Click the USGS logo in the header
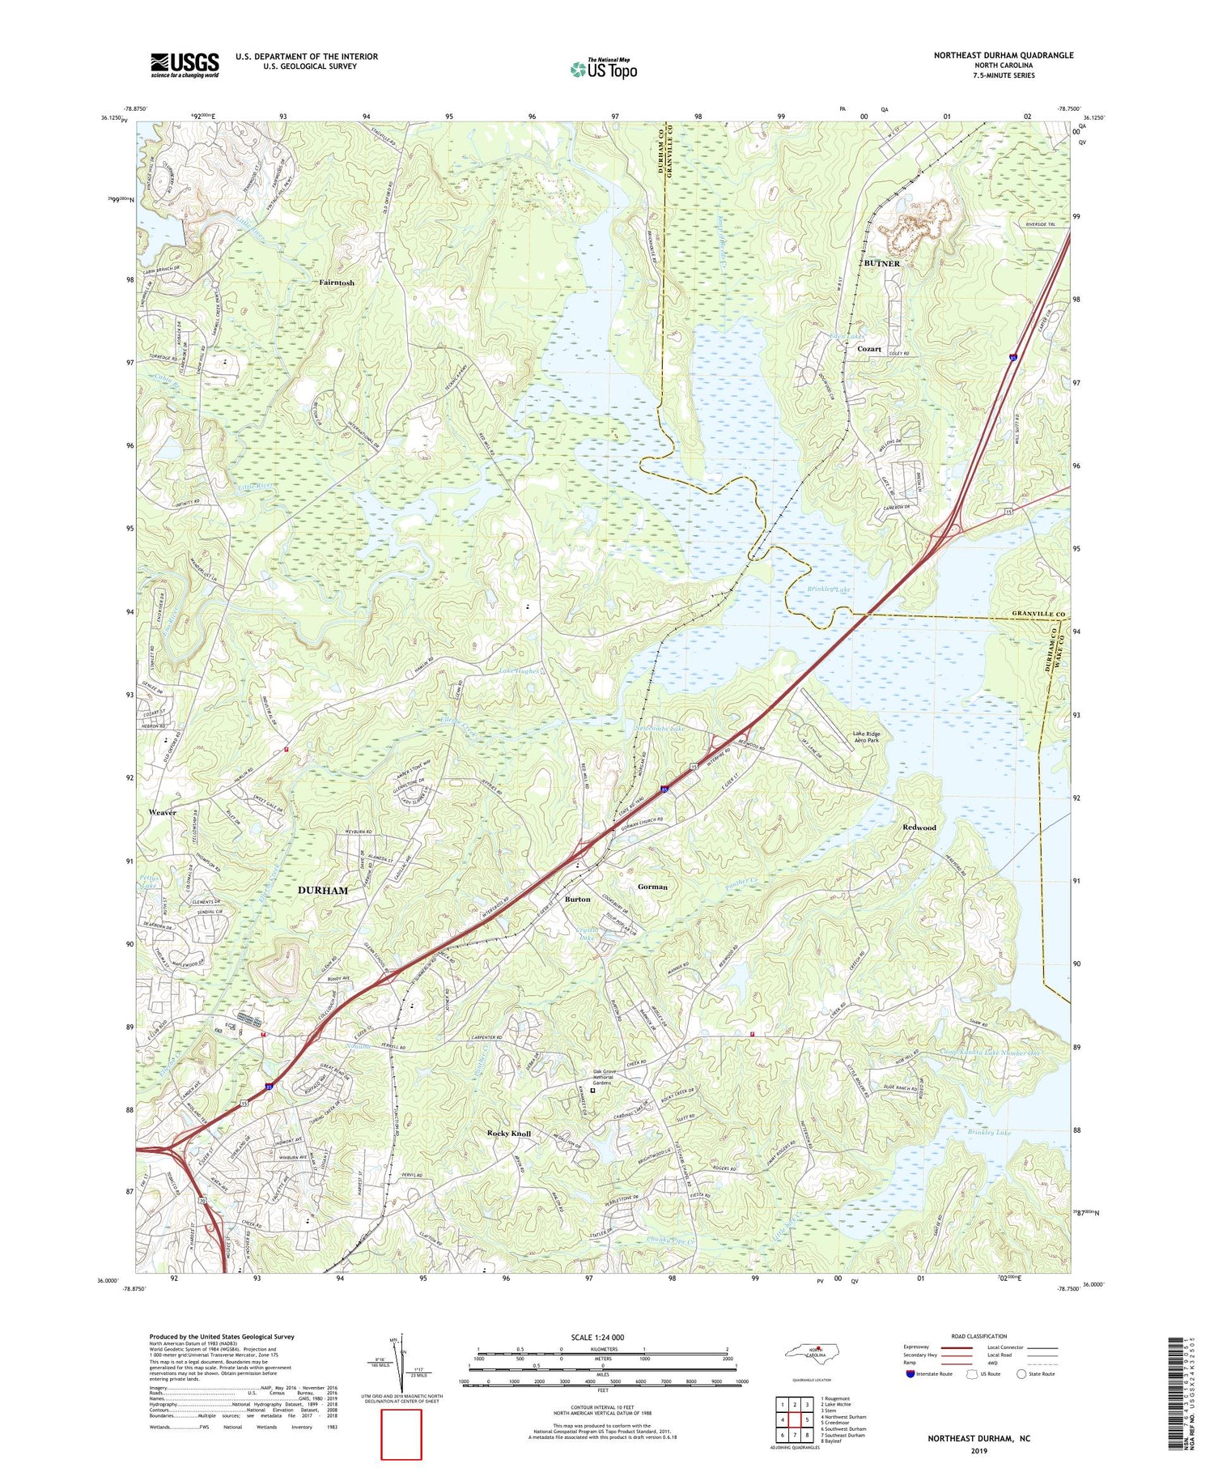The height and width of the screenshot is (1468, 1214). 185,65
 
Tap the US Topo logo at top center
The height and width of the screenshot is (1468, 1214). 603,69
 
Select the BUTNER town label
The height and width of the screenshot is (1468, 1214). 881,263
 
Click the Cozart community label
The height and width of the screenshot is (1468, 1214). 869,348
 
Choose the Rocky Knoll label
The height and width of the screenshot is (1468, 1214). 509,1134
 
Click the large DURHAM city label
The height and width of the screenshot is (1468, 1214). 323,890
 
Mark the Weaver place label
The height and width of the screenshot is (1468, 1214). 162,812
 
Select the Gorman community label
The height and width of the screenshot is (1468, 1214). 652,887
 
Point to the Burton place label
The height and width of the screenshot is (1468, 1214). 577,900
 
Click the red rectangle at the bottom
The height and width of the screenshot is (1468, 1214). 401,1433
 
